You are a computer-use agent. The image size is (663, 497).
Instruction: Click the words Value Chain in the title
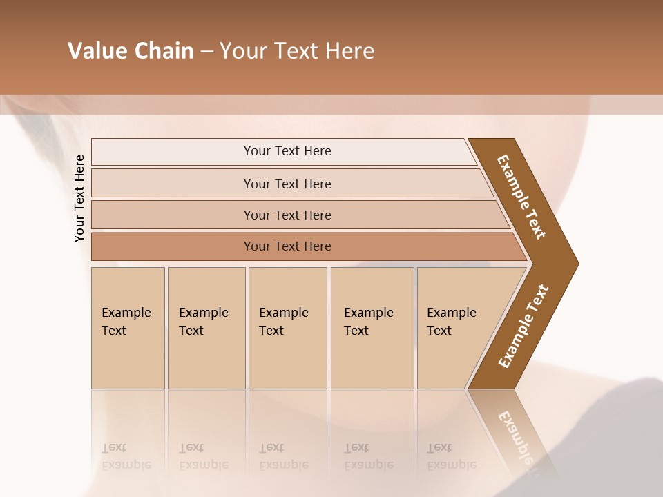click(x=131, y=51)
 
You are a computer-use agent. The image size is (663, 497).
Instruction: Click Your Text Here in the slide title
click(x=297, y=51)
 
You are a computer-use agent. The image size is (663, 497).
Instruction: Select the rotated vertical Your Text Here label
click(x=79, y=198)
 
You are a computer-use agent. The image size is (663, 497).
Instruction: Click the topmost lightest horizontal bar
click(x=287, y=151)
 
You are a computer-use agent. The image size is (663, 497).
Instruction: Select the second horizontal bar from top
click(x=287, y=184)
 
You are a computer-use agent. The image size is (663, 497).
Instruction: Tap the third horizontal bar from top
click(x=287, y=215)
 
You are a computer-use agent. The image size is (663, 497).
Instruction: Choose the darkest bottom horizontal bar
click(x=287, y=246)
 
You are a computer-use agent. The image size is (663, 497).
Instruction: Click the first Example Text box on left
click(x=128, y=328)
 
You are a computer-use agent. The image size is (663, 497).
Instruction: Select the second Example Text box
click(x=206, y=328)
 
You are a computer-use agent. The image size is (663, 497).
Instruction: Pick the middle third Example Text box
click(x=287, y=328)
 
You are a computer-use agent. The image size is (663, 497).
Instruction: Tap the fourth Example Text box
click(x=372, y=328)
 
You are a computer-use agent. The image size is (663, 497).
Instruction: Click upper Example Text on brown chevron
click(x=521, y=197)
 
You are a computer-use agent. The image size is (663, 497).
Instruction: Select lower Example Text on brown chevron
click(x=523, y=327)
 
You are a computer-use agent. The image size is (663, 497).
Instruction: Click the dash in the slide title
click(x=206, y=51)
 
